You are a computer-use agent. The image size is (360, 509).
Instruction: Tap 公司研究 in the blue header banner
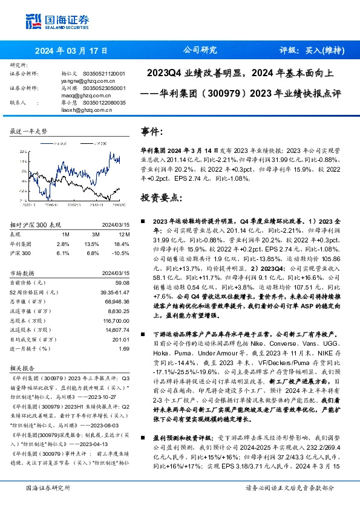tap(199, 51)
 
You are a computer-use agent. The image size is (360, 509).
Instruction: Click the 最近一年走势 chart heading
tap(28, 131)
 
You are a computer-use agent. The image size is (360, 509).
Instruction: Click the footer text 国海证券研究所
tap(46, 504)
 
